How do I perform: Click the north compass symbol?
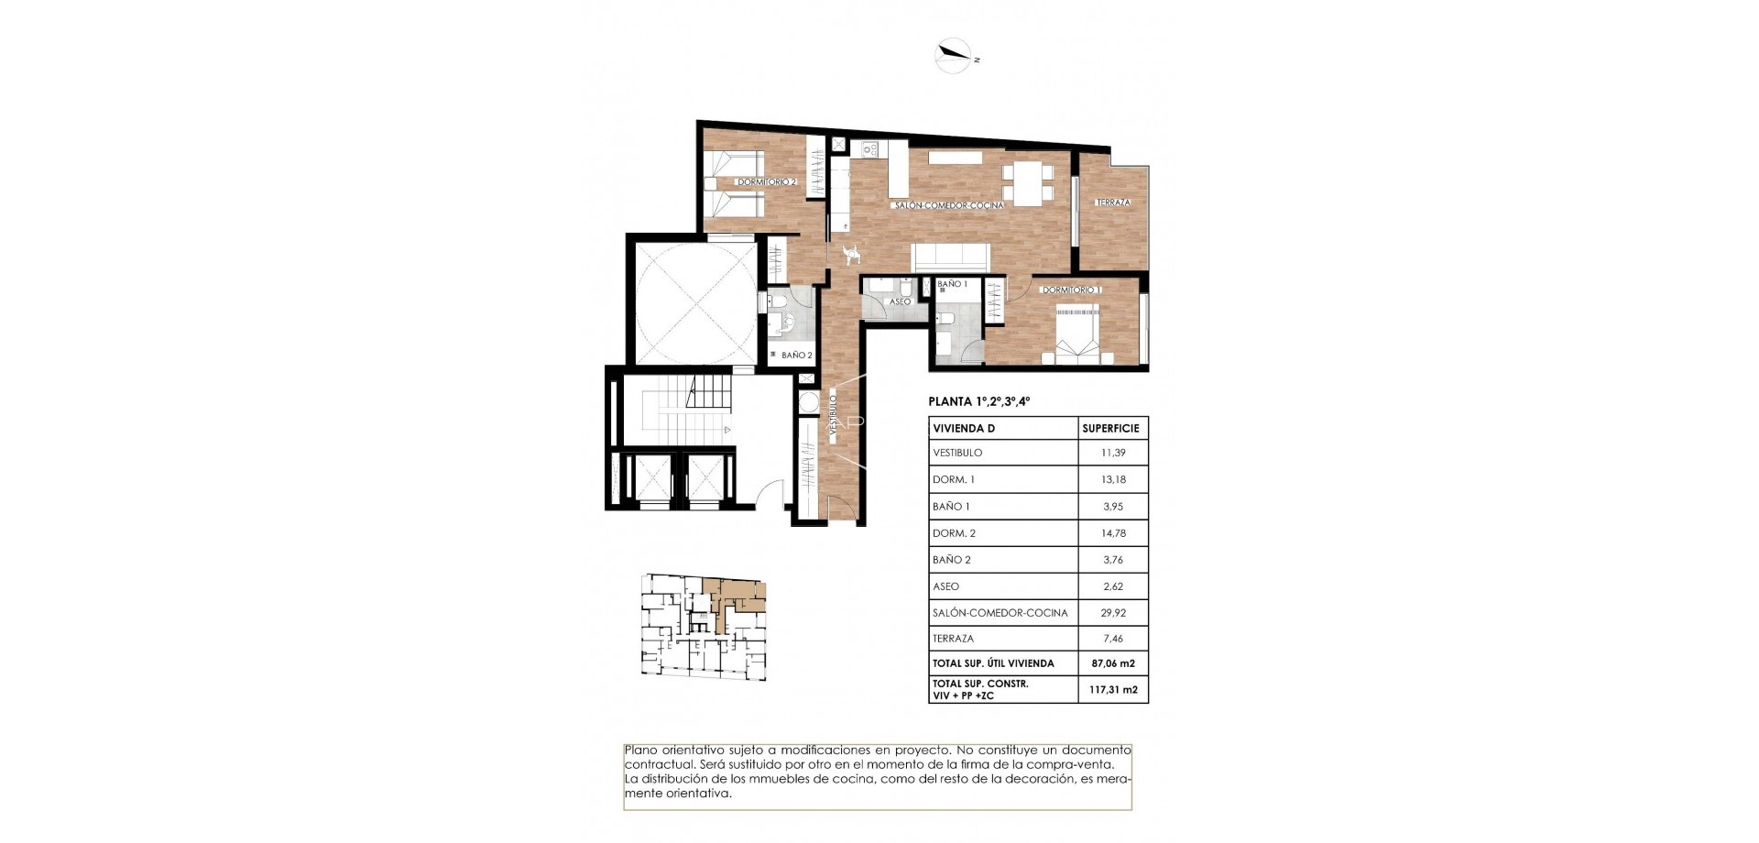click(953, 56)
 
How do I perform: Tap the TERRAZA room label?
click(1113, 203)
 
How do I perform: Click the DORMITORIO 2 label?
click(767, 182)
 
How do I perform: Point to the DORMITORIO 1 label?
click(1071, 290)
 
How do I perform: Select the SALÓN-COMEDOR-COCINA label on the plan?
click(949, 206)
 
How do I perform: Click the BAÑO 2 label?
click(796, 356)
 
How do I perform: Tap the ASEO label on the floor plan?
click(900, 301)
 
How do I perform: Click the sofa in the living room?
click(951, 257)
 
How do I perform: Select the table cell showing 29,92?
click(1113, 613)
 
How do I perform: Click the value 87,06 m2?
click(1113, 663)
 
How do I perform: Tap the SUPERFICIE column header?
click(1110, 428)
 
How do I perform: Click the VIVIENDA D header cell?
click(963, 428)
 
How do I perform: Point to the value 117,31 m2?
click(1113, 689)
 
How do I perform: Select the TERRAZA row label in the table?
click(953, 639)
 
